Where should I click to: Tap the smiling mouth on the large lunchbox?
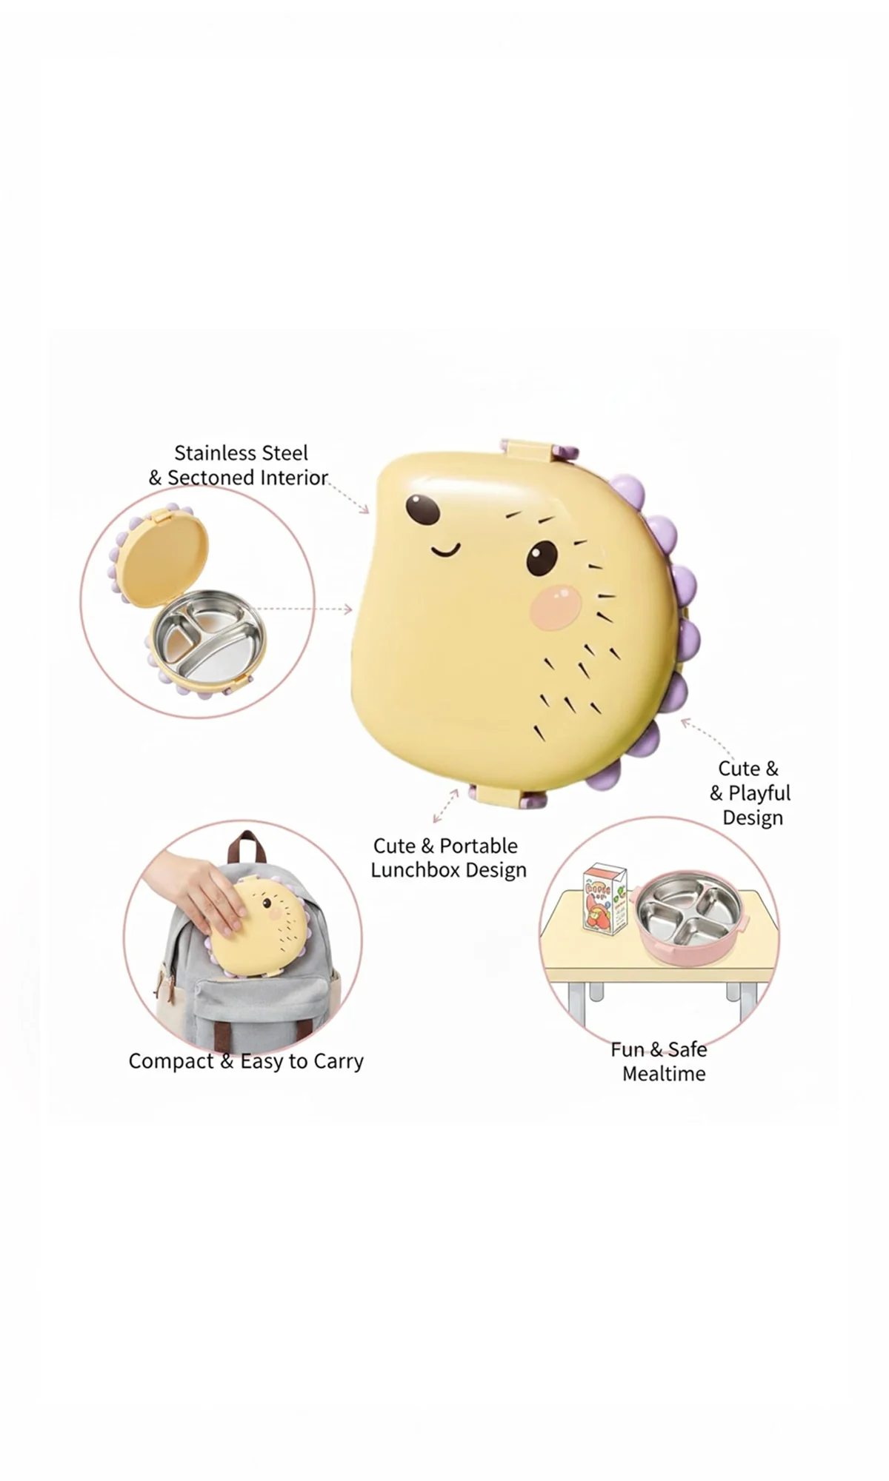446,549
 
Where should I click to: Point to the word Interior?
289,478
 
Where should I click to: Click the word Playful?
759,793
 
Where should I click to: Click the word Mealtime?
664,1074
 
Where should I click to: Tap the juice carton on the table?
604,897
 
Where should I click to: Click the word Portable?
479,846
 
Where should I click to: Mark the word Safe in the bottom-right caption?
687,1049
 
